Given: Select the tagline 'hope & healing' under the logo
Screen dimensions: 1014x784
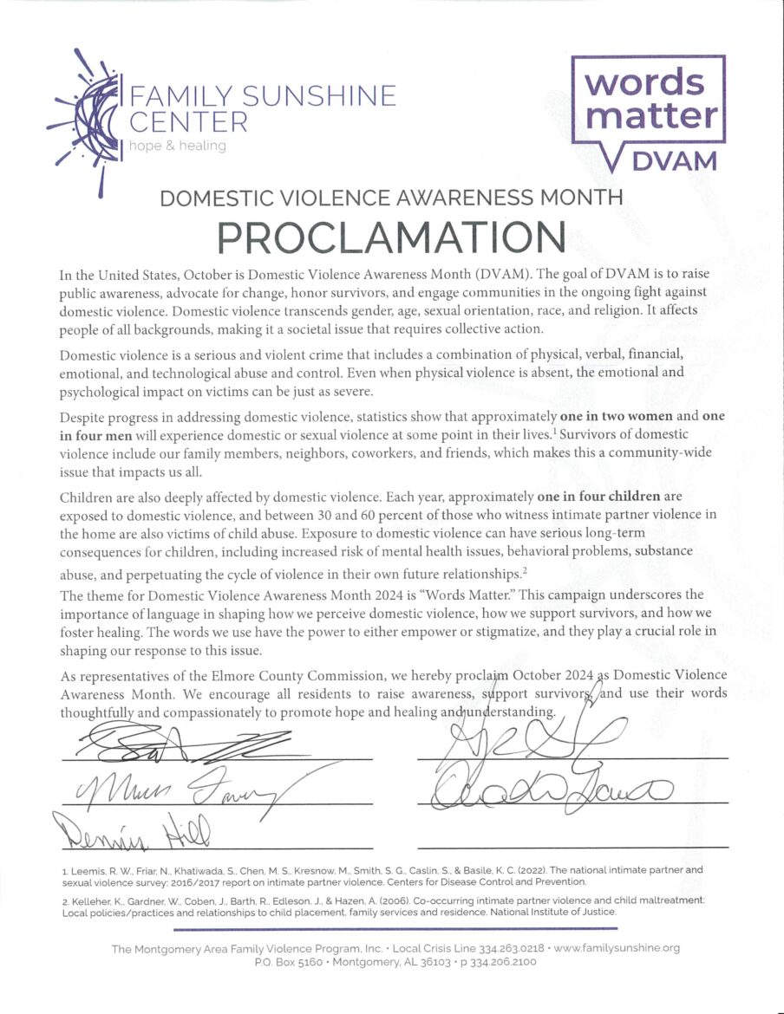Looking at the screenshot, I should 177,146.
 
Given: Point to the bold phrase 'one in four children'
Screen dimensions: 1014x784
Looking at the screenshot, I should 598,497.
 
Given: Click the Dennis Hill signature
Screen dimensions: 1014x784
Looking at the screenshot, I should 130,833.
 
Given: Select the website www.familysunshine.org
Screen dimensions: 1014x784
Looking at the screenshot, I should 617,948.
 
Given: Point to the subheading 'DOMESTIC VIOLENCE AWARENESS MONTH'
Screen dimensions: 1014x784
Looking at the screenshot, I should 391,198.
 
